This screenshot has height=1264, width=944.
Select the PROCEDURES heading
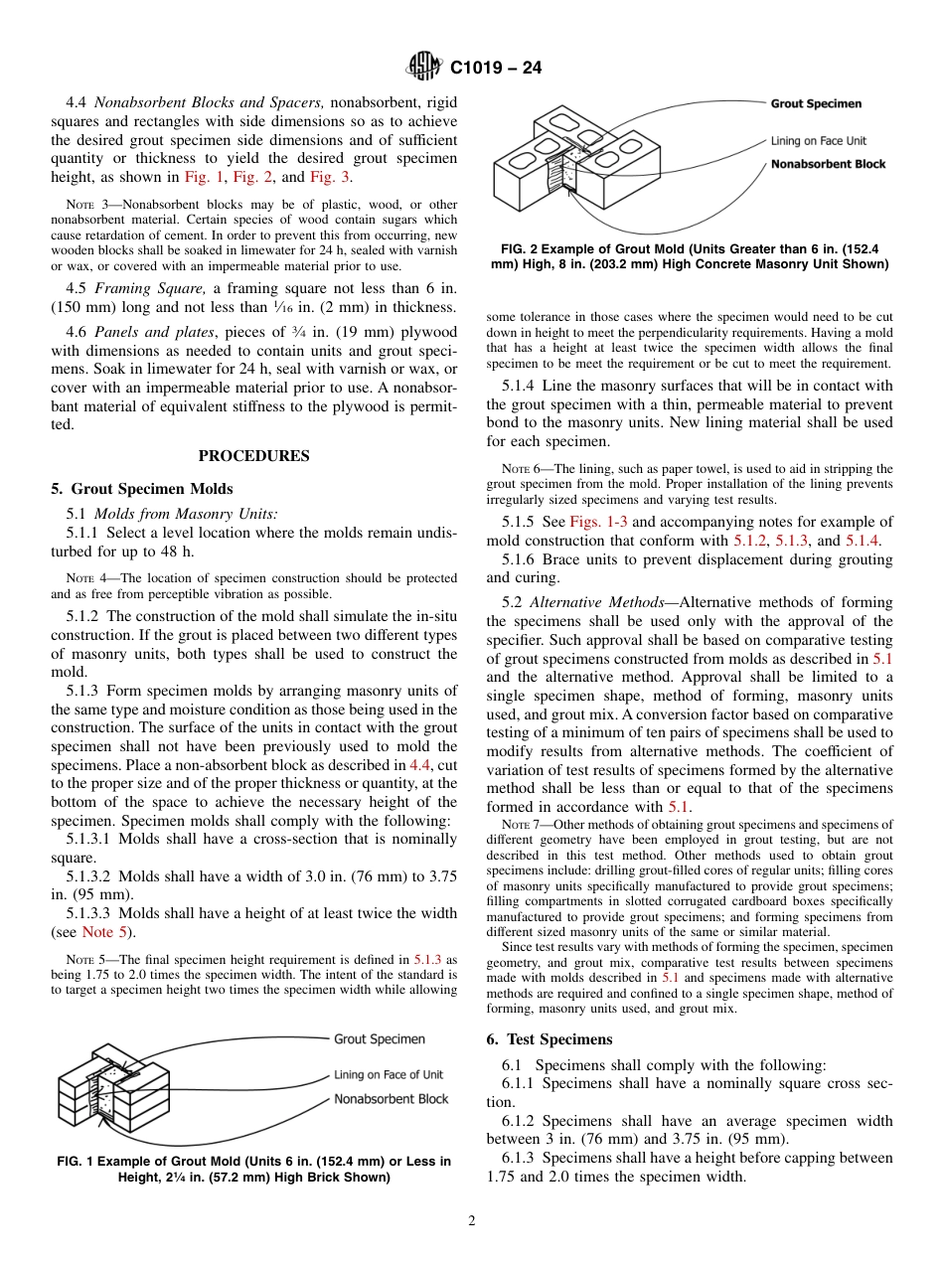click(253, 456)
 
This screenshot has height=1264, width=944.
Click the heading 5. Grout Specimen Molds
click(142, 489)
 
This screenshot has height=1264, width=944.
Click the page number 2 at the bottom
click(472, 1221)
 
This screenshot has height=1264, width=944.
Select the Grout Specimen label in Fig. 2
click(816, 103)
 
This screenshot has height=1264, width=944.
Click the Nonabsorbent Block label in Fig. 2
click(828, 164)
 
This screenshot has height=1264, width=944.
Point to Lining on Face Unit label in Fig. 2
click(819, 141)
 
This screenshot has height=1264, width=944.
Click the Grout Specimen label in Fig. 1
click(379, 1039)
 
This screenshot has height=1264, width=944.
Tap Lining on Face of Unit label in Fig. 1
click(388, 1074)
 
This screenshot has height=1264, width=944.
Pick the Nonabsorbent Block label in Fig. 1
click(391, 1099)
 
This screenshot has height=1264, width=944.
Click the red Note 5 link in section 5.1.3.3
click(97, 932)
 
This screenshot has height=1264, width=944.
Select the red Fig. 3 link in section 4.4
click(330, 177)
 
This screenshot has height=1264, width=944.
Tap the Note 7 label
click(520, 825)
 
